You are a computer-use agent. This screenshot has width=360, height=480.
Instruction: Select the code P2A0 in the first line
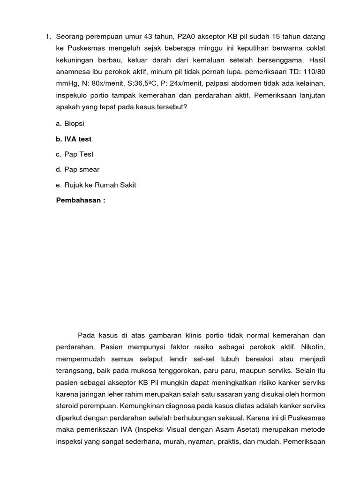pyautogui.click(x=188, y=37)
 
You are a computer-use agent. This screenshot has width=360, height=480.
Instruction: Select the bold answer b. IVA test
pyautogui.click(x=74, y=139)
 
